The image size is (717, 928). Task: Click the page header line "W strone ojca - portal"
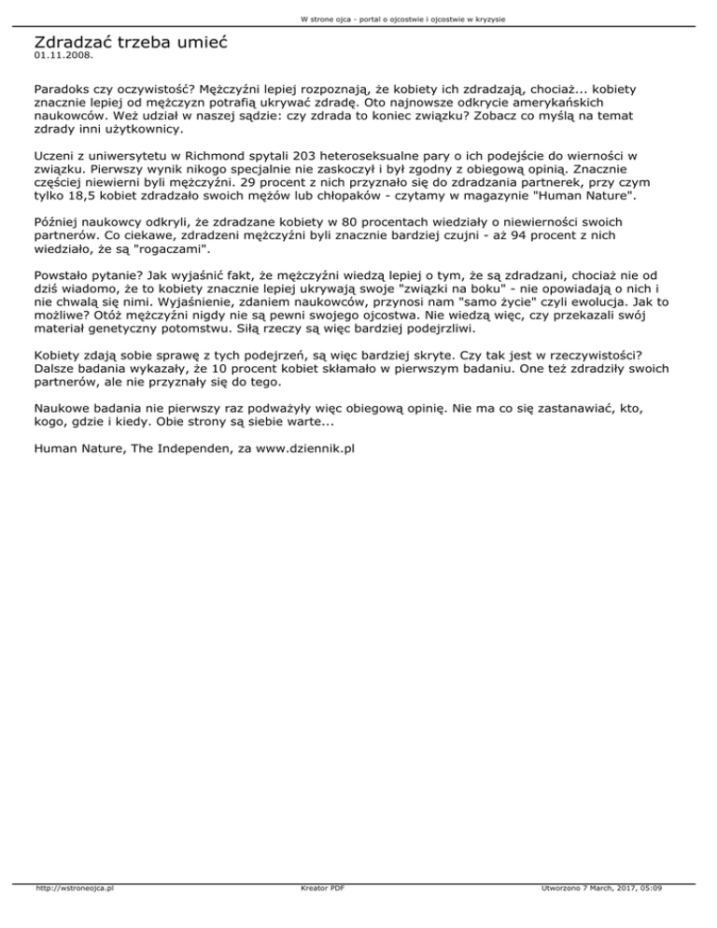coord(358,19)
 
